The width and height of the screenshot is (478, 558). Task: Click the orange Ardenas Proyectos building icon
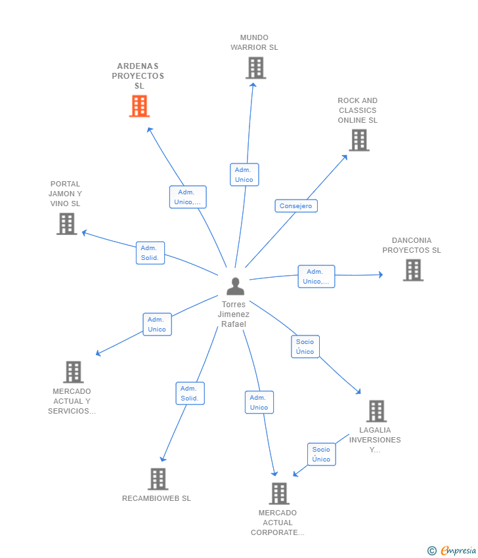[x=139, y=106]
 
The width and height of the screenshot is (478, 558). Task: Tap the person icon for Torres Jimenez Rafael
[x=235, y=286]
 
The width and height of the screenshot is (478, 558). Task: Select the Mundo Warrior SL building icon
[x=255, y=68]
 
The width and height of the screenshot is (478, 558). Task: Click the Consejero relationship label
[x=295, y=205]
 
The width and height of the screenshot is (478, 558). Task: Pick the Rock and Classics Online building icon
[x=359, y=140]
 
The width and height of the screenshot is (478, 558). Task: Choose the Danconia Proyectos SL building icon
[x=413, y=270]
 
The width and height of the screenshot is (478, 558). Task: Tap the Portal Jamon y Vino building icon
[x=67, y=224]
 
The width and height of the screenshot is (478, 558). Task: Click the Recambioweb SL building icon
[x=158, y=479]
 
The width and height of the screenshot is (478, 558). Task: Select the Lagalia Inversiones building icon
[x=376, y=411]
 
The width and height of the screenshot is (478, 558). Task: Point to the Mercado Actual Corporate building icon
[x=279, y=494]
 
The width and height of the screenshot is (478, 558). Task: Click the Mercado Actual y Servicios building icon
[x=74, y=372]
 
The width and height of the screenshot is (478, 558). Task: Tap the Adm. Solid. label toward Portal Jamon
[x=150, y=253]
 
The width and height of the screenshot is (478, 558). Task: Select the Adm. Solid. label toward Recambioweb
[x=190, y=393]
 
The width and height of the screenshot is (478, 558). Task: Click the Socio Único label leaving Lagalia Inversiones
[x=321, y=454]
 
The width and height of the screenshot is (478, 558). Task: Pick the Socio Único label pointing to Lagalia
[x=305, y=347]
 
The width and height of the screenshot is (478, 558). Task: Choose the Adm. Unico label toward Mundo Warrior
[x=244, y=175]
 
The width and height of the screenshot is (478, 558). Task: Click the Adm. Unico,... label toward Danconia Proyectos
[x=316, y=276]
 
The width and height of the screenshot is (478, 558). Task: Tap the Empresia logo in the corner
[x=452, y=550]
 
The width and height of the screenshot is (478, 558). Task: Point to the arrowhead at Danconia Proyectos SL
[x=380, y=274]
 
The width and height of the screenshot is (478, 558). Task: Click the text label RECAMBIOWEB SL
[x=156, y=498]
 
